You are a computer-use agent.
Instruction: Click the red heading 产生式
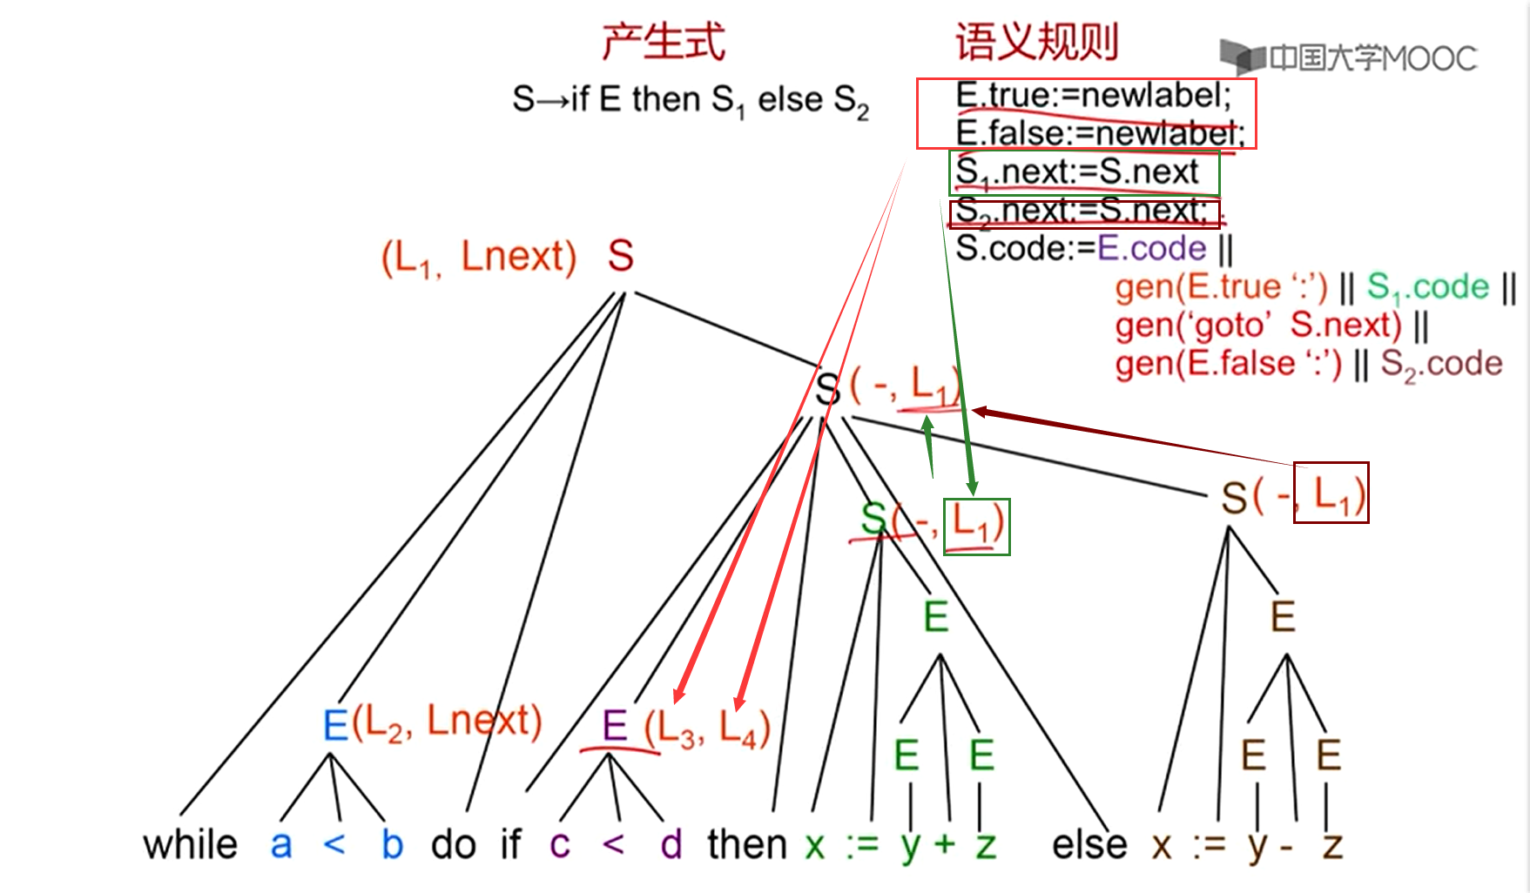pyautogui.click(x=663, y=42)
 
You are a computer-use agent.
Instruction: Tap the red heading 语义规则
pyautogui.click(x=1036, y=42)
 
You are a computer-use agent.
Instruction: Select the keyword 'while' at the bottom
pyautogui.click(x=190, y=844)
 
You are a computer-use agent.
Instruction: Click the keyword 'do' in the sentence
pyautogui.click(x=453, y=844)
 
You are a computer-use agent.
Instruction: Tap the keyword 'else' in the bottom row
pyautogui.click(x=1089, y=844)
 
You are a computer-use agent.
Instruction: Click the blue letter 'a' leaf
pyautogui.click(x=280, y=844)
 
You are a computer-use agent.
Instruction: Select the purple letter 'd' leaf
pyautogui.click(x=671, y=844)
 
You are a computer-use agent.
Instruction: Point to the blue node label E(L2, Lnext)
pyautogui.click(x=432, y=723)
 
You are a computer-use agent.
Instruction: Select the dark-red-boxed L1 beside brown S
pyautogui.click(x=1331, y=493)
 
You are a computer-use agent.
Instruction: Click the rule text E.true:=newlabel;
pyautogui.click(x=1093, y=95)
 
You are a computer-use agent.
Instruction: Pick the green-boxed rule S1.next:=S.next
pyautogui.click(x=1083, y=172)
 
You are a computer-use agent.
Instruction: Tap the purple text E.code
pyautogui.click(x=1151, y=249)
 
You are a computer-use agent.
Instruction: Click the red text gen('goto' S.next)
pyautogui.click(x=1258, y=326)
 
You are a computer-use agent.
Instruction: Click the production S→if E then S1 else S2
pyautogui.click(x=690, y=100)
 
